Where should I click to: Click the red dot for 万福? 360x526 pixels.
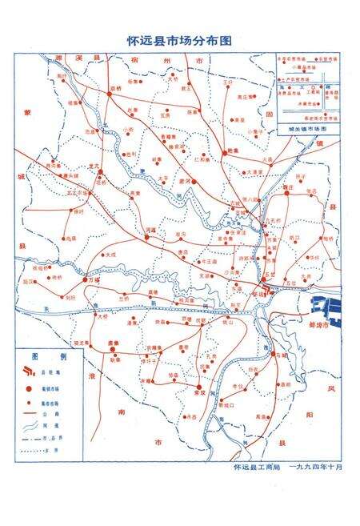point(87,281)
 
